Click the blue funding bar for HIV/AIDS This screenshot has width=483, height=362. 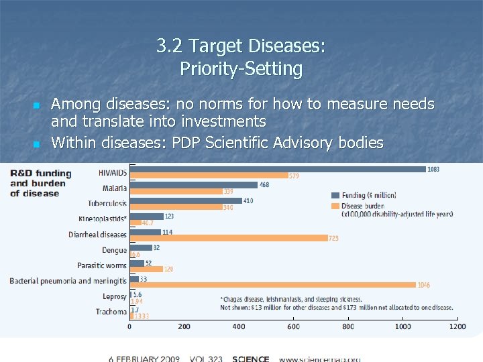point(278,169)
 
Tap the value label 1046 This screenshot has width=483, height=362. point(424,285)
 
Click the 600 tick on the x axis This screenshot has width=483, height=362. point(293,326)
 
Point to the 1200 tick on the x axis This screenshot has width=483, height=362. point(457,326)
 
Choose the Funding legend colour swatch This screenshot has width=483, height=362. point(335,195)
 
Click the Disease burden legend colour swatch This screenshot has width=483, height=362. point(335,205)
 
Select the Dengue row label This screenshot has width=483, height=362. point(114,250)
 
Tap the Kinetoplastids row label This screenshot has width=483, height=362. point(102,219)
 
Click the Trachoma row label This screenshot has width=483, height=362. point(111,312)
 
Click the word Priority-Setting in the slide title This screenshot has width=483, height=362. point(241,68)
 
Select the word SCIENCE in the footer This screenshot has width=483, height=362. point(251,359)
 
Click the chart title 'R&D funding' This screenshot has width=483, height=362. point(41,174)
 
